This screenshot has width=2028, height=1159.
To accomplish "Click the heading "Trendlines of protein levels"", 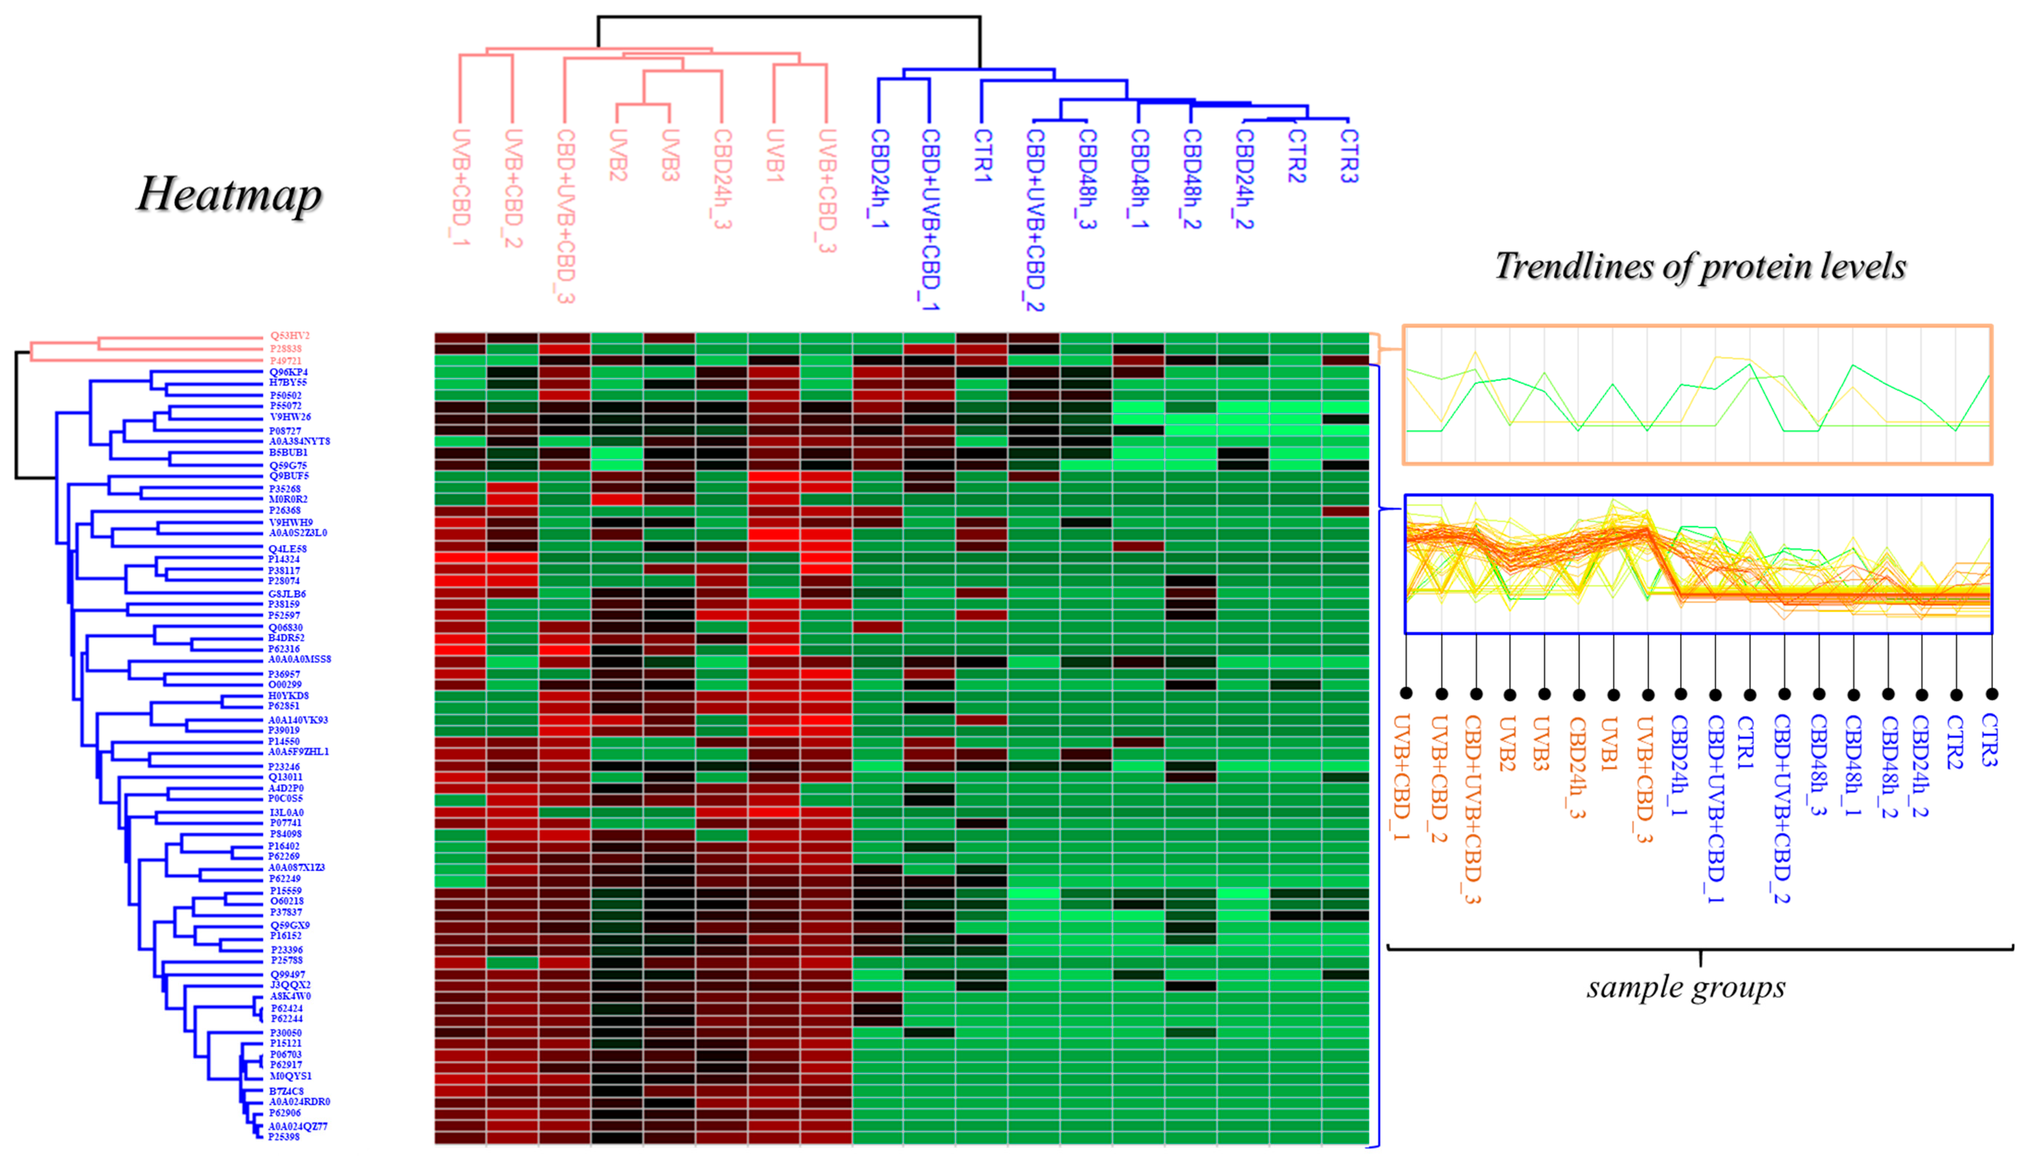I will pyautogui.click(x=1700, y=266).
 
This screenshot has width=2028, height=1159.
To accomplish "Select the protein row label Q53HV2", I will pyautogui.click(x=290, y=336).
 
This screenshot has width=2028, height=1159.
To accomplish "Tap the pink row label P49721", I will pyautogui.click(x=285, y=361).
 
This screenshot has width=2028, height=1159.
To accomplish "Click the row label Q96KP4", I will pyautogui.click(x=288, y=372).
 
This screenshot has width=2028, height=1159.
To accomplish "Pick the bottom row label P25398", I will pyautogui.click(x=284, y=1137).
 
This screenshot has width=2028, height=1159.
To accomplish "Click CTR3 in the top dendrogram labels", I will pyautogui.click(x=1348, y=156).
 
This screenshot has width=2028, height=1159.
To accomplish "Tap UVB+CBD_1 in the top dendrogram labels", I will pyautogui.click(x=460, y=187).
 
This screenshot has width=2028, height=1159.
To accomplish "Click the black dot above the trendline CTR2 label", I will pyautogui.click(x=1956, y=694).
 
